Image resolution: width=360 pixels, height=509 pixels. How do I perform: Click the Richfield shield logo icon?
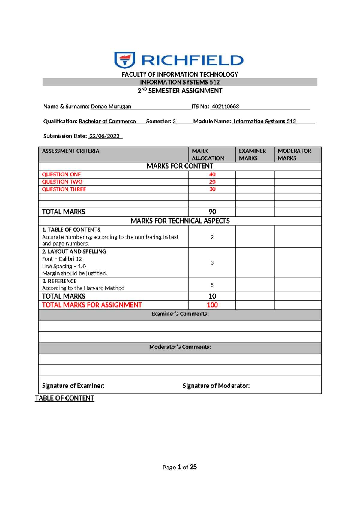click(x=124, y=60)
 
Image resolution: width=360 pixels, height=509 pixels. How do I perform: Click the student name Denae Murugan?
click(x=111, y=107)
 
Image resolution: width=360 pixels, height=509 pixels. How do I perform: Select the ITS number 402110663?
click(x=225, y=107)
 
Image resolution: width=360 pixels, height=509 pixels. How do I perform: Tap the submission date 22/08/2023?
click(x=104, y=136)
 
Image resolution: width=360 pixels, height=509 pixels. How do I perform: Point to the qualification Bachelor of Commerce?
click(x=107, y=121)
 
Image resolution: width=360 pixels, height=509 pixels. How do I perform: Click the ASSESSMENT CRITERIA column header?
click(x=70, y=151)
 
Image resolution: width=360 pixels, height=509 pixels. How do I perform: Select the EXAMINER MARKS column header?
click(x=252, y=155)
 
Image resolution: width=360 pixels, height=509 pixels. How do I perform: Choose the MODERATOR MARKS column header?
click(x=294, y=155)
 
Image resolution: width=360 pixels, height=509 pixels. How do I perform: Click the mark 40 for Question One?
click(x=212, y=174)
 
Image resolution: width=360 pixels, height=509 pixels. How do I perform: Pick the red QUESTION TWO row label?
click(x=62, y=182)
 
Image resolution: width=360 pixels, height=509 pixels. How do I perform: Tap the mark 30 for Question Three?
click(x=212, y=189)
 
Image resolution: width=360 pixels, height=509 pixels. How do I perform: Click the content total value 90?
click(x=212, y=212)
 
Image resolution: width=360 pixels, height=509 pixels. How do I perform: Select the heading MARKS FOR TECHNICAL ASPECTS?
click(x=180, y=221)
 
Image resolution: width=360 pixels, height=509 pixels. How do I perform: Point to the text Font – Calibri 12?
click(x=62, y=259)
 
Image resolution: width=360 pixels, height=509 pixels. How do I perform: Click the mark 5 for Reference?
click(x=212, y=285)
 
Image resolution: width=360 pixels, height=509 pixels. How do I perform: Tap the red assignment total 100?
click(x=212, y=305)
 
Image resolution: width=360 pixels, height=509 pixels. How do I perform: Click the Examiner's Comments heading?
click(x=180, y=314)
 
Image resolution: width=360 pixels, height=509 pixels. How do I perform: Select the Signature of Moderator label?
click(x=216, y=386)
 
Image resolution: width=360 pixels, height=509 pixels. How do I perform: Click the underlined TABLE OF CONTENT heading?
click(x=64, y=398)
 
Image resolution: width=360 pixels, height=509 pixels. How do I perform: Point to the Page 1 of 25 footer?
click(x=180, y=467)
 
